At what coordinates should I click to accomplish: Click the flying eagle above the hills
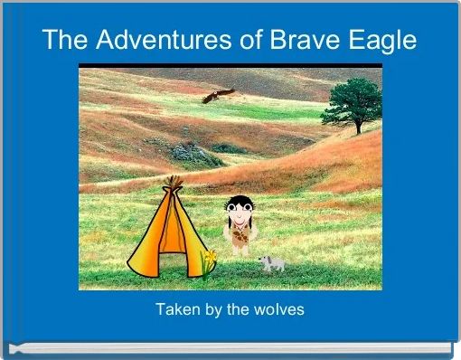(x=217, y=94)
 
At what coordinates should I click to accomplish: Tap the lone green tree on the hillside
(x=353, y=101)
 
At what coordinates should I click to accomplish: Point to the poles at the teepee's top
(x=172, y=183)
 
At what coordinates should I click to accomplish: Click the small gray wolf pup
(x=271, y=262)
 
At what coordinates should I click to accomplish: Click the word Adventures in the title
(x=154, y=40)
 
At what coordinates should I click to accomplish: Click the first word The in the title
(x=64, y=40)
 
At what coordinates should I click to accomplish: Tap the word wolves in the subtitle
(x=280, y=310)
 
